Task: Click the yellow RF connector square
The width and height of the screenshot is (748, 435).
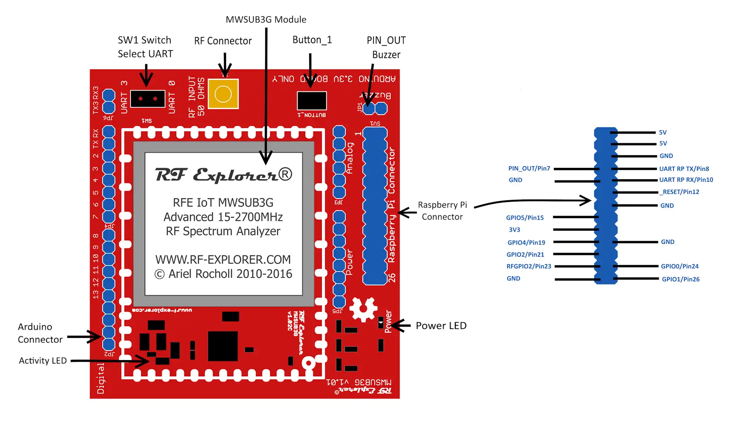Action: point(223,94)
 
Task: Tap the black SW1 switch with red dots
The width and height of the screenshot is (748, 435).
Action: point(148,99)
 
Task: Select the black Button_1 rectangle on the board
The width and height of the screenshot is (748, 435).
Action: point(312,101)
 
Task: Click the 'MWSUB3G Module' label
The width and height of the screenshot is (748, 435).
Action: point(266,19)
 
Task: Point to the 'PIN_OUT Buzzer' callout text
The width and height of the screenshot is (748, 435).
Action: point(386,47)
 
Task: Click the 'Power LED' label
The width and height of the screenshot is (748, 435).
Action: point(441,326)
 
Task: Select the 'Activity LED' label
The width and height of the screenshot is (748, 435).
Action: point(43,361)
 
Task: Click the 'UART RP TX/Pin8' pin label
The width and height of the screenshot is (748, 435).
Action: point(684,169)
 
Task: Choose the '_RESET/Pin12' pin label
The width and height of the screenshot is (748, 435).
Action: point(679,192)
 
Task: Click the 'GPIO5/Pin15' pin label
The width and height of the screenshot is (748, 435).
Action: point(524,218)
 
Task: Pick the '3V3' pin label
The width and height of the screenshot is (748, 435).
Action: point(514,230)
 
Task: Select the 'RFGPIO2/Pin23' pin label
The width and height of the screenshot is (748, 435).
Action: point(528,266)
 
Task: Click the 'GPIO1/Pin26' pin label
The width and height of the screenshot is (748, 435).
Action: point(680,279)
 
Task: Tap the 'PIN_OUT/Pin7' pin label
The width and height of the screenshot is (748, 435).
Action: point(529,168)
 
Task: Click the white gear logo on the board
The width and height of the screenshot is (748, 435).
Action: point(363,310)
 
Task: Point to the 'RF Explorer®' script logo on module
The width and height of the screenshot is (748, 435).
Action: point(223,175)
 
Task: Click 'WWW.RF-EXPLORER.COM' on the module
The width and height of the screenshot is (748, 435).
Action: point(223,259)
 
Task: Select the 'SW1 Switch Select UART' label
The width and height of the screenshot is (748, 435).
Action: point(145,47)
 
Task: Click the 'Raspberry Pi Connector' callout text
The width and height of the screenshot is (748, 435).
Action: point(442,211)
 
